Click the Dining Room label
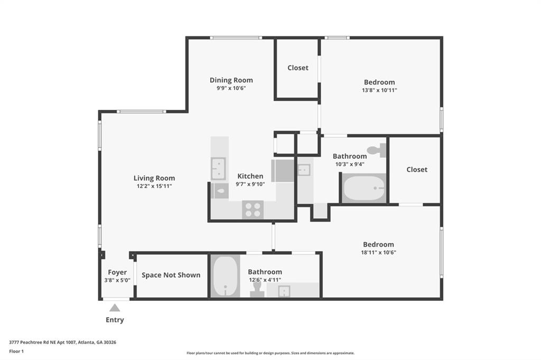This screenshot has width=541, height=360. (231, 80)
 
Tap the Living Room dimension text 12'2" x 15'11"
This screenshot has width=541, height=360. (154, 186)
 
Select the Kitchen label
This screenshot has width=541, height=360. (250, 176)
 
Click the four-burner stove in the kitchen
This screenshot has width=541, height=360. (253, 210)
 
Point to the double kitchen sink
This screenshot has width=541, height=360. (218, 168)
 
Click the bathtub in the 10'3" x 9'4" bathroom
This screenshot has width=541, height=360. (363, 188)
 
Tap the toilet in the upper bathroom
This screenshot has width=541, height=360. (377, 150)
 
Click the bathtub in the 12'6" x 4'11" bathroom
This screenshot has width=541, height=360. (226, 276)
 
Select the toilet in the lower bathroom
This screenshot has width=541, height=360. (257, 290)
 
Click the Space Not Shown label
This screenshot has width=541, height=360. (171, 275)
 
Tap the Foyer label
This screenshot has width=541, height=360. (117, 272)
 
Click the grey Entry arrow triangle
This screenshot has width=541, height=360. (115, 308)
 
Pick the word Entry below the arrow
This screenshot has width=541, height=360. (115, 320)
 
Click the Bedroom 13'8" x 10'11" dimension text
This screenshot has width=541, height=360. (379, 90)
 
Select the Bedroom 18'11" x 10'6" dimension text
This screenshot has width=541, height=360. (378, 252)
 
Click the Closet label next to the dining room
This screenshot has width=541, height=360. (298, 68)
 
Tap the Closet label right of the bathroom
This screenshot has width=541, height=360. (417, 169)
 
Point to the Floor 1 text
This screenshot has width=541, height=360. (16, 351)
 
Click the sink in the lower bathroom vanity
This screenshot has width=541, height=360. (284, 291)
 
